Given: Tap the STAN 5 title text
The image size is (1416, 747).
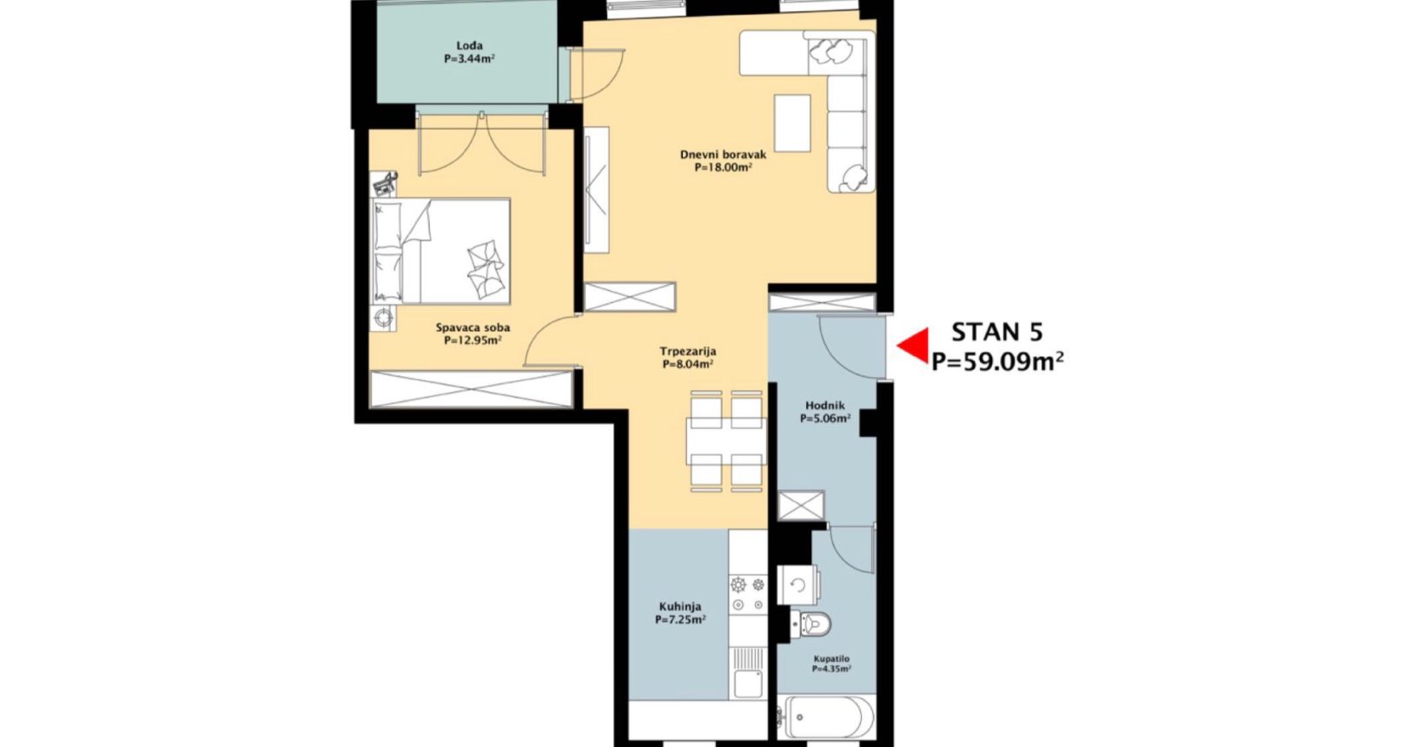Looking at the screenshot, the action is pos(997,332).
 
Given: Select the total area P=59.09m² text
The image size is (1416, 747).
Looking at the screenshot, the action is pos(997,360).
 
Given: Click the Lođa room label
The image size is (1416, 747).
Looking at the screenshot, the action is pos(470,45).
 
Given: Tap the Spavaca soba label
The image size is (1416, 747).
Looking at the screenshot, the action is pos(473,327).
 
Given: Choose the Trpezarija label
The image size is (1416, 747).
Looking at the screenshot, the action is pos(688,352).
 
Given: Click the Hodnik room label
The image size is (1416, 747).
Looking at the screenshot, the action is pos(825,406).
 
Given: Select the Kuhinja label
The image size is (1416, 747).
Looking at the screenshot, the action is pos(680,606).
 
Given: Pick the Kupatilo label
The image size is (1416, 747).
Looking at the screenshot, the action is pos(831,659).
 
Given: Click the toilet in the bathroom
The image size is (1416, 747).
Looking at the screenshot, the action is pos(812,625).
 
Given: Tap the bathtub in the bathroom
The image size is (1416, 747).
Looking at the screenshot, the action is pos(826,717).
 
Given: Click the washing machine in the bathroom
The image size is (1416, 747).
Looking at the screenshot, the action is pos(799,585).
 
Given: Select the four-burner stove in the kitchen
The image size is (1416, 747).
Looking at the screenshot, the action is pos(748,594).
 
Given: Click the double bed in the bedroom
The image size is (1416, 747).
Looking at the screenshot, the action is pos(440,251).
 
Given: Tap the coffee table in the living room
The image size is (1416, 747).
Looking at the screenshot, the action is pos(792,123).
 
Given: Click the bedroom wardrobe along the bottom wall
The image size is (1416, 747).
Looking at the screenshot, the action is pos(471,389).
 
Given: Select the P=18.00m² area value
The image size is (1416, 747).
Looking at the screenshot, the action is pos(723,169).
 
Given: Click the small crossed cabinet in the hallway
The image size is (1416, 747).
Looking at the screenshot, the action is pos(801,506).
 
